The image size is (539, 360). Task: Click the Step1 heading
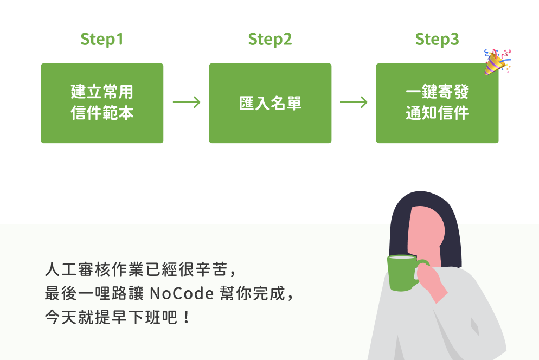point(102,40)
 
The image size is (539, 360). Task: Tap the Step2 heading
point(270,40)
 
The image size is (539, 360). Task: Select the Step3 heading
point(437,40)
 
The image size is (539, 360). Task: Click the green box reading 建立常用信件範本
point(102,103)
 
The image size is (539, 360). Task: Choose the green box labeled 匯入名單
point(270,103)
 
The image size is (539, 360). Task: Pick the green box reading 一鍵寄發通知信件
point(437,103)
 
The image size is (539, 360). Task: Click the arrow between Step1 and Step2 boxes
point(187,102)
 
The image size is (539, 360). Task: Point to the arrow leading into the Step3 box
point(354,102)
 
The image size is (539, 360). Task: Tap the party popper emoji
point(497,61)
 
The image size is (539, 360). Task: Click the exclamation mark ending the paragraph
point(187,316)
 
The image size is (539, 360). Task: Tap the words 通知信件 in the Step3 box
point(437,114)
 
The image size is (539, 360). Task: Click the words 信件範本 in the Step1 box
point(102,114)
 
